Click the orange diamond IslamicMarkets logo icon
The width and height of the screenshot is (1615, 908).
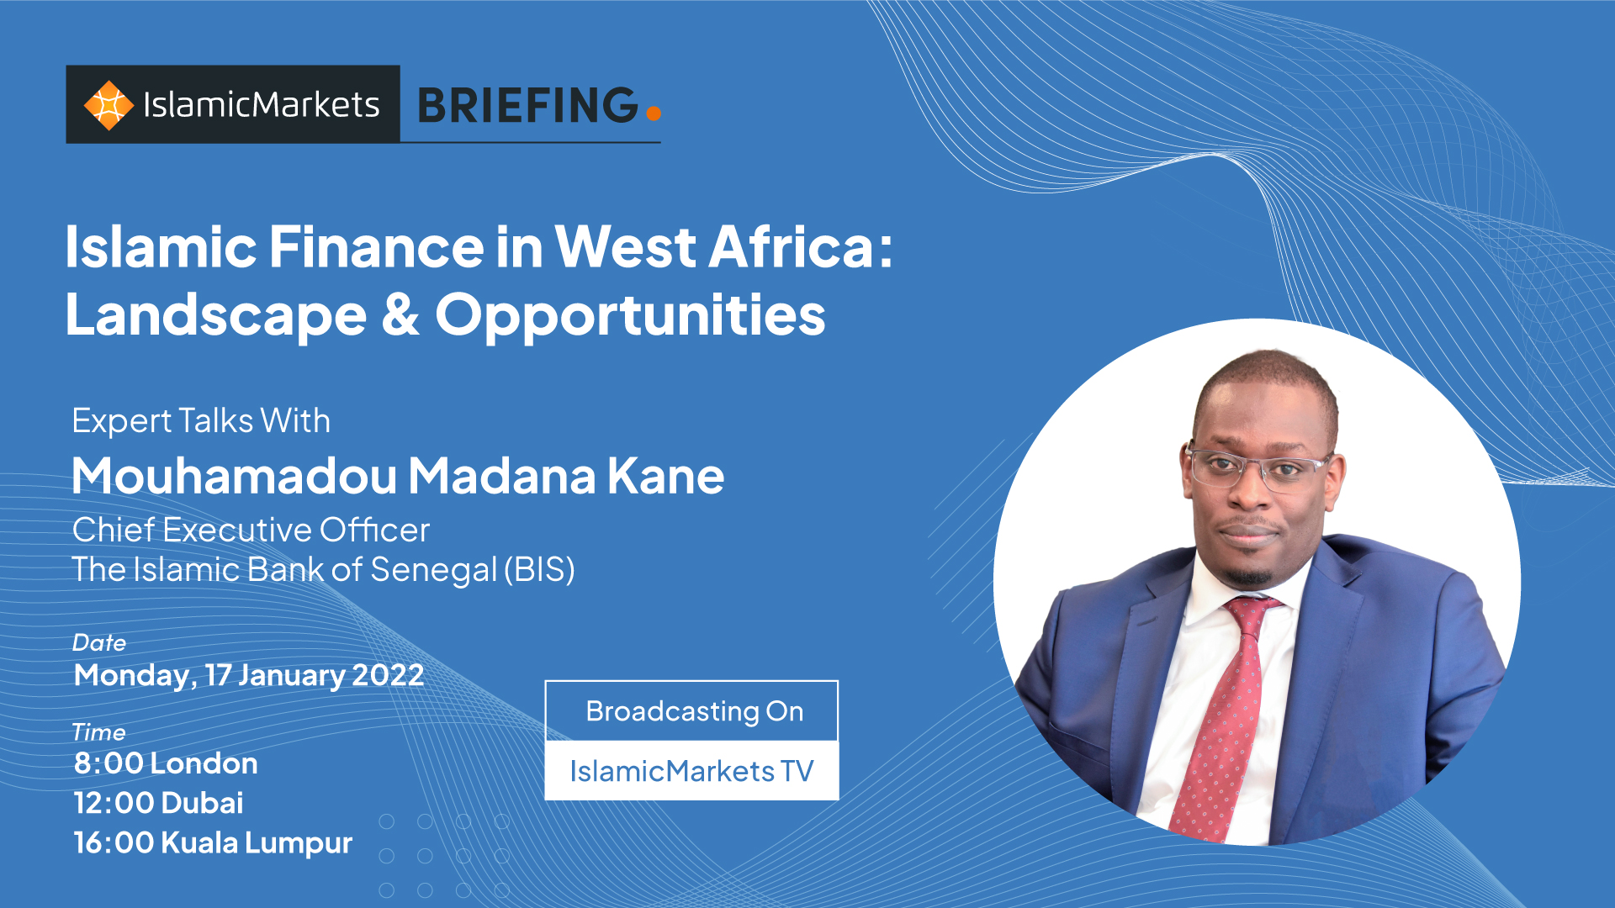click(109, 105)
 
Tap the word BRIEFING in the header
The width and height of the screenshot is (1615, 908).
click(528, 105)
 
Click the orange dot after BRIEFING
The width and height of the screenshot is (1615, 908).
click(654, 113)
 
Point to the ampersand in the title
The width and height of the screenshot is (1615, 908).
click(400, 314)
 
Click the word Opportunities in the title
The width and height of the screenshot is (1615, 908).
click(630, 318)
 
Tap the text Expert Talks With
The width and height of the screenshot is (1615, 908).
click(201, 421)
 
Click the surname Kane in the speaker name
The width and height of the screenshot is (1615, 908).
click(665, 476)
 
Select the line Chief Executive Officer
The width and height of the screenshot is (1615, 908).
click(251, 530)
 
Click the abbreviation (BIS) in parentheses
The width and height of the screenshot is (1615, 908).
click(539, 570)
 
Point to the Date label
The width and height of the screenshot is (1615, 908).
click(99, 642)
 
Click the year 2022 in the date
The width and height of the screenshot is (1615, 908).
click(388, 675)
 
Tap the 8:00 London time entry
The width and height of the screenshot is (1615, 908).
click(166, 763)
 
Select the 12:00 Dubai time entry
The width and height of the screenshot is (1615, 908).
click(158, 803)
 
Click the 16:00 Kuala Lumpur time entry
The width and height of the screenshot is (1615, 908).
click(213, 843)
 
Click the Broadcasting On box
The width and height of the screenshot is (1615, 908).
click(691, 710)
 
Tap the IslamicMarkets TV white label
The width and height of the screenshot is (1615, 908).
click(691, 770)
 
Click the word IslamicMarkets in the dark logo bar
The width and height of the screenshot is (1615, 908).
click(262, 105)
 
